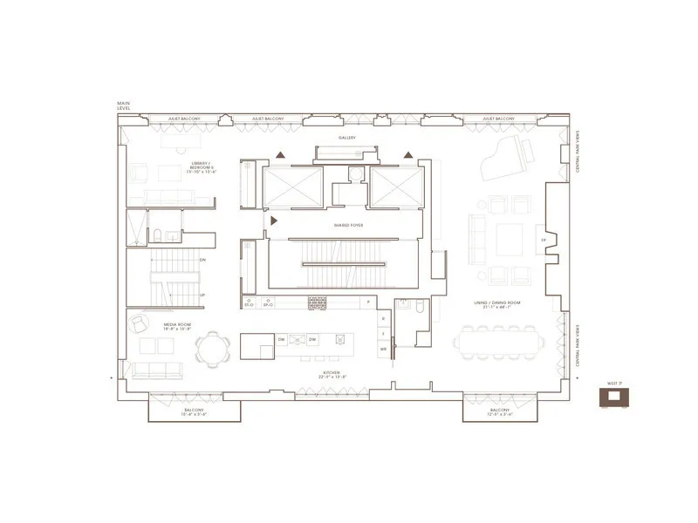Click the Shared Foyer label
tap(347, 225)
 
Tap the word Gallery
tap(348, 138)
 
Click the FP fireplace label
tap(544, 240)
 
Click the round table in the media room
tap(210, 350)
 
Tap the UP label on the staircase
tap(202, 295)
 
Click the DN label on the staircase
tap(202, 260)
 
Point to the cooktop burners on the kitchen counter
tap(317, 303)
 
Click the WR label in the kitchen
tap(383, 349)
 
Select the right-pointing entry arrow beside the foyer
tap(274, 221)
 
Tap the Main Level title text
tap(123, 106)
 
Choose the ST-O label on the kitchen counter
tap(249, 303)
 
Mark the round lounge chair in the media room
tap(140, 323)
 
